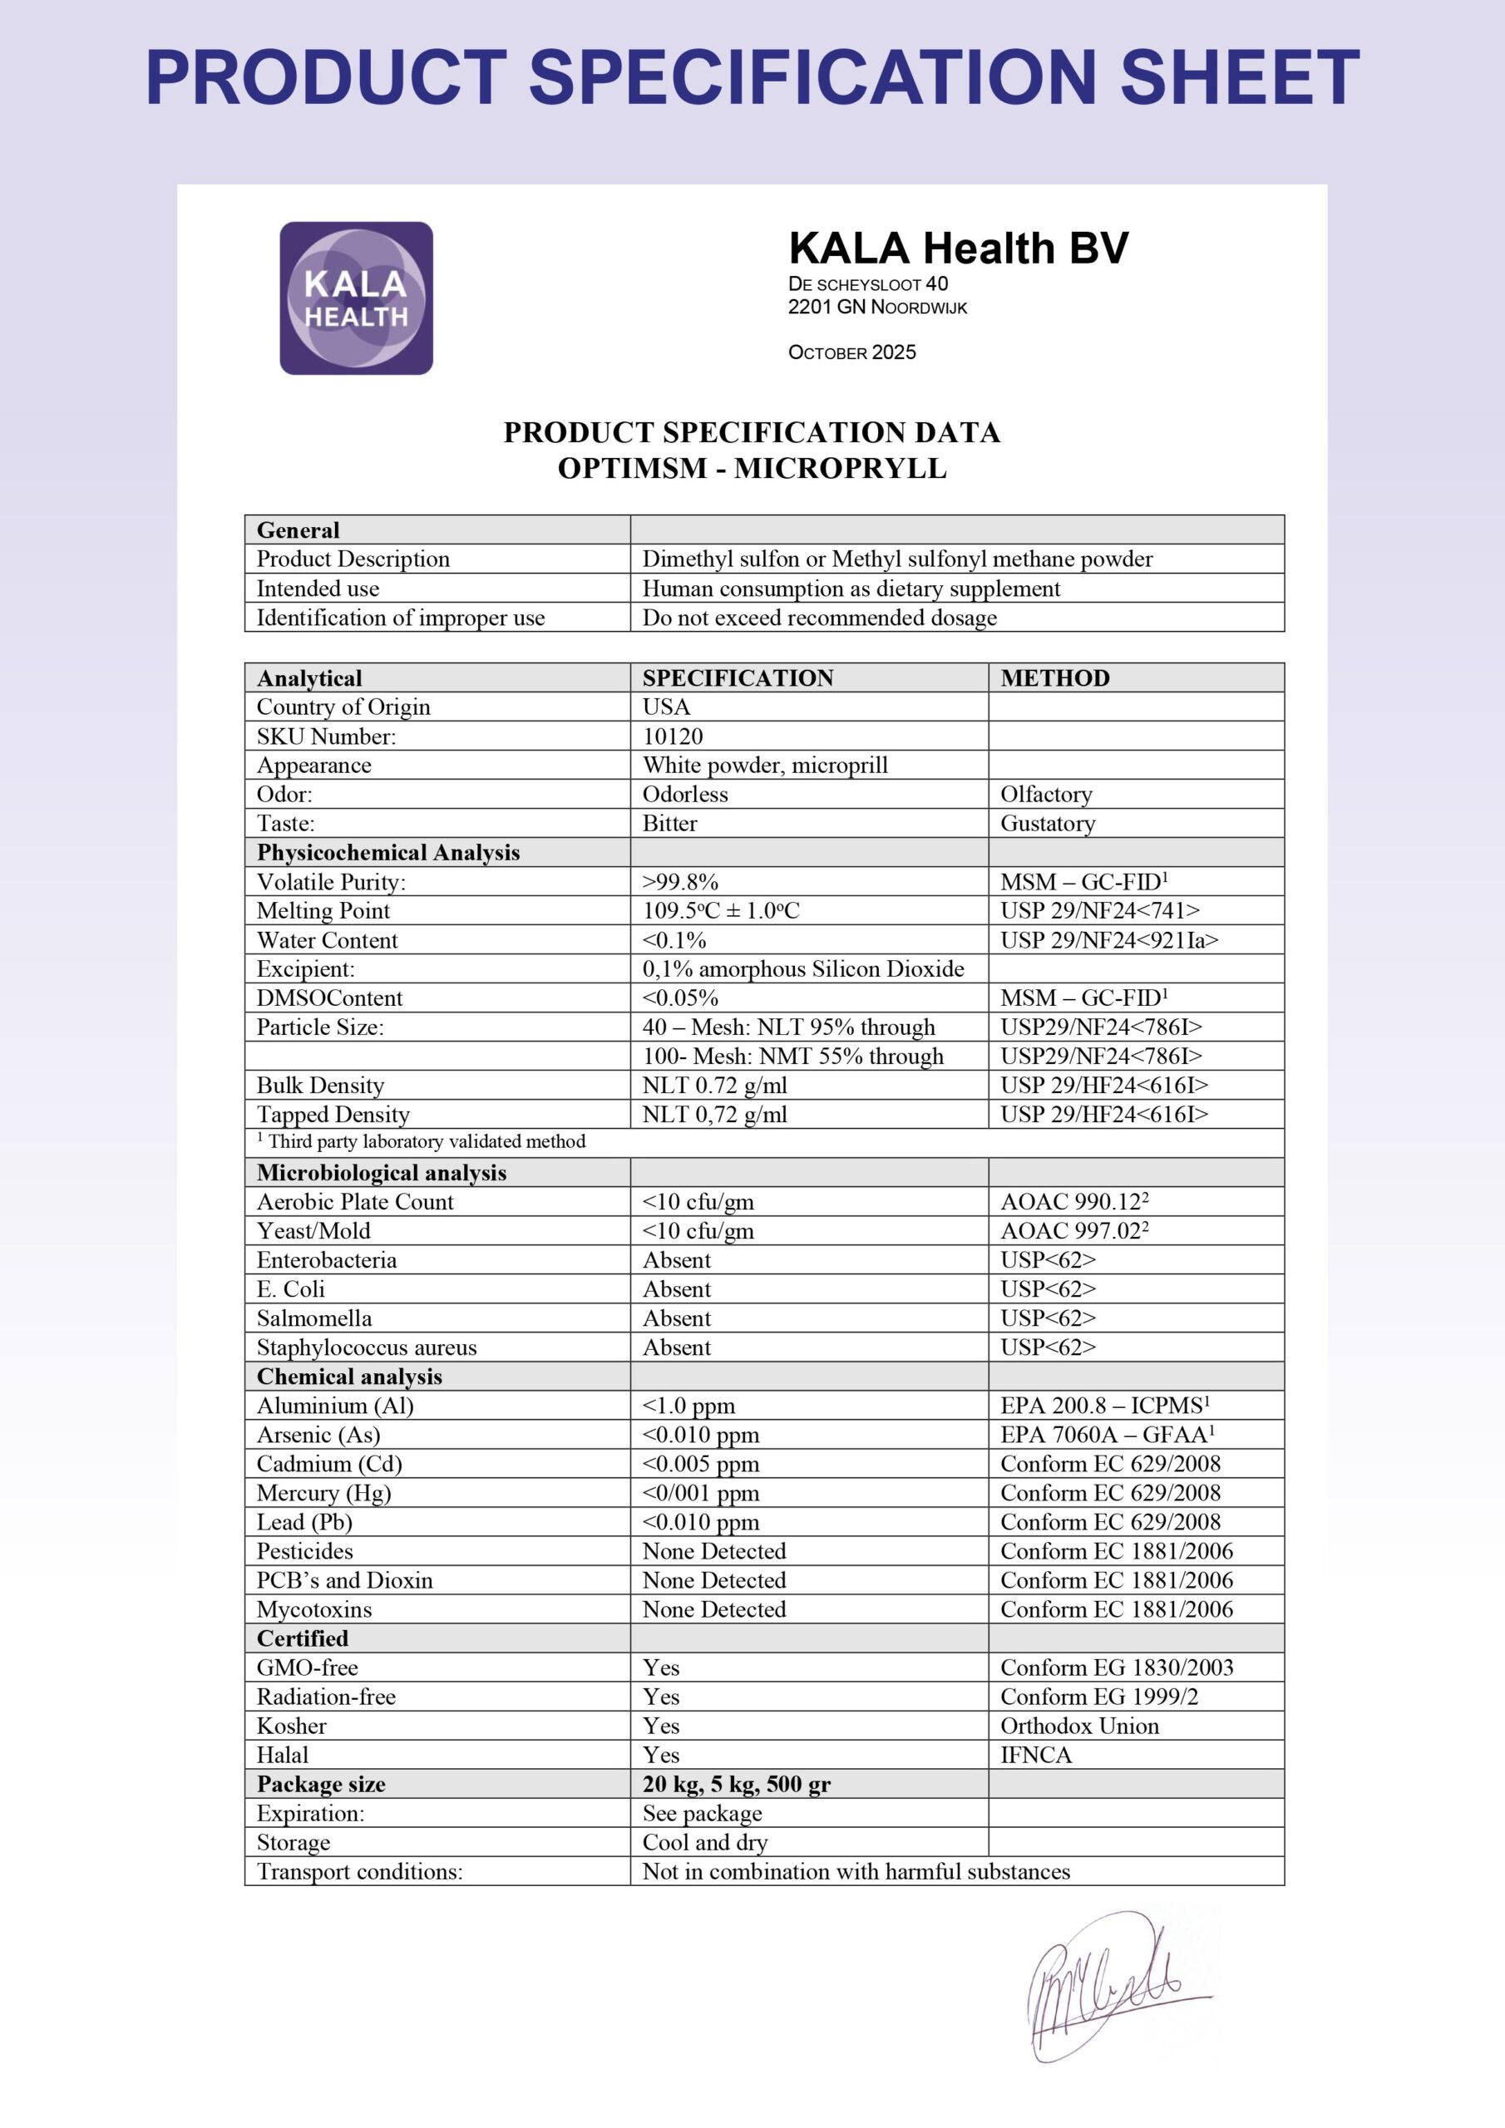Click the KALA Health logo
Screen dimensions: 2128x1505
point(356,298)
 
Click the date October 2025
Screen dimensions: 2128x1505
point(851,352)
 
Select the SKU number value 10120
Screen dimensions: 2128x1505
point(673,736)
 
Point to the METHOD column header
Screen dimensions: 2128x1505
point(1054,677)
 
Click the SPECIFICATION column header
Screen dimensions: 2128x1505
point(738,677)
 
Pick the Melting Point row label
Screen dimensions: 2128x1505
point(323,910)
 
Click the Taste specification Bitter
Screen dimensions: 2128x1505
point(669,823)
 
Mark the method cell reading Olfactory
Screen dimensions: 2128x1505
point(1046,795)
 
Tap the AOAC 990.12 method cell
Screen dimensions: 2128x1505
point(1073,1202)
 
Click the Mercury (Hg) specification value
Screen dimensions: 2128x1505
point(700,1493)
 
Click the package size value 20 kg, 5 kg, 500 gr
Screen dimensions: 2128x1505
point(736,1784)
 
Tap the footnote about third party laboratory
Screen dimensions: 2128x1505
point(421,1142)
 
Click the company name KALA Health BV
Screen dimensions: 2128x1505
point(958,249)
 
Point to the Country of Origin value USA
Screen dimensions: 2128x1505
point(666,707)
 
